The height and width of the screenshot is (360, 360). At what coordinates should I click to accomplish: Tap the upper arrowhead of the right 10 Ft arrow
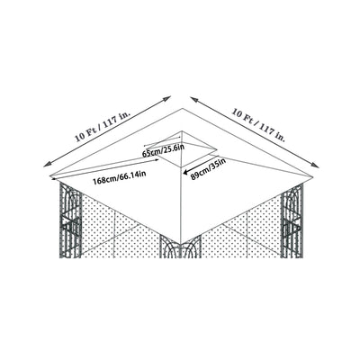click(191, 94)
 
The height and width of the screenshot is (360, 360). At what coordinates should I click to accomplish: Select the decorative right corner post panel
click(293, 225)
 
